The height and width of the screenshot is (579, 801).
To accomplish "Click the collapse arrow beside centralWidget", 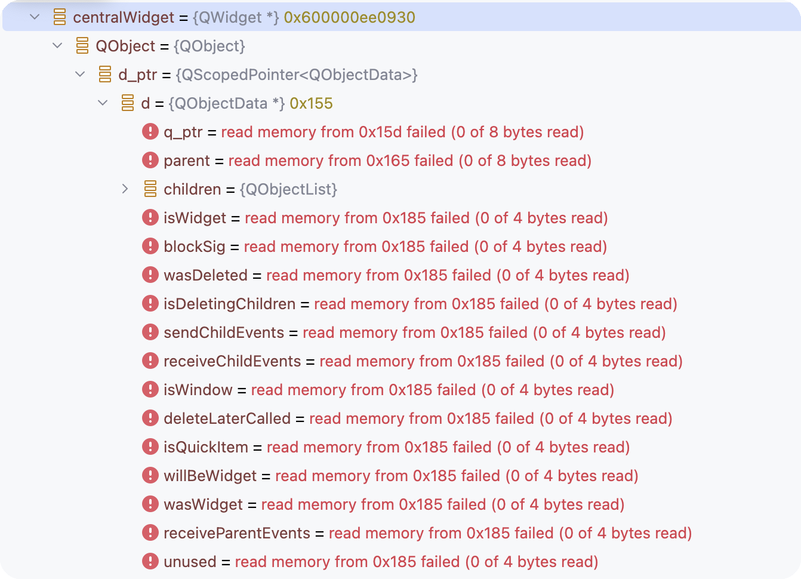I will pyautogui.click(x=35, y=17).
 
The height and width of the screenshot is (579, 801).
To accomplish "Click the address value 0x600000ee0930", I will pyautogui.click(x=349, y=17).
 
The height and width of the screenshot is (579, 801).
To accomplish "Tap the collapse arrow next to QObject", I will pyautogui.click(x=57, y=46).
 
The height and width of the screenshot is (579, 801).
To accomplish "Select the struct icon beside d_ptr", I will pyautogui.click(x=105, y=75).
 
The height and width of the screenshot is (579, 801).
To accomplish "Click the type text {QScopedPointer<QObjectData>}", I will pyautogui.click(x=297, y=75).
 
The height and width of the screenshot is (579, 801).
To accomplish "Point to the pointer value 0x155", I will pyautogui.click(x=311, y=103).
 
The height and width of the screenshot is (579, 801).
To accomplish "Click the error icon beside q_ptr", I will pyautogui.click(x=150, y=131).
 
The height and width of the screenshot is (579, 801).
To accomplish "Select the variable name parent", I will pyautogui.click(x=187, y=161).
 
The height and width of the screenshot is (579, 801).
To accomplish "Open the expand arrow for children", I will pyautogui.click(x=125, y=189).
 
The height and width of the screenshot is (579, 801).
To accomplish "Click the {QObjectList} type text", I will pyautogui.click(x=288, y=189).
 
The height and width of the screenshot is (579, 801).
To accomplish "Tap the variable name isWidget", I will pyautogui.click(x=195, y=218).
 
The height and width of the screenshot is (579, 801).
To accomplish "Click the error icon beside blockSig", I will pyautogui.click(x=150, y=246).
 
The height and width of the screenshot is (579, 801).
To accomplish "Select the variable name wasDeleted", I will pyautogui.click(x=205, y=275).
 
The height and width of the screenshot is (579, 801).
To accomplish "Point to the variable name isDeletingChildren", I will pyautogui.click(x=229, y=304).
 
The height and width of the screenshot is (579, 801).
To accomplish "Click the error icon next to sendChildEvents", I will pyautogui.click(x=150, y=332).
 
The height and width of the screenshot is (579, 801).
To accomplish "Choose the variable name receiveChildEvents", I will pyautogui.click(x=232, y=361).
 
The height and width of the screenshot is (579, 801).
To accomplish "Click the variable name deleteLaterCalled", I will pyautogui.click(x=227, y=418).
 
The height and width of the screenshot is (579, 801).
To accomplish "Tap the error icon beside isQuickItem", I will pyautogui.click(x=150, y=446).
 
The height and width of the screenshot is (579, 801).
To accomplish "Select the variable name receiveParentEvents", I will pyautogui.click(x=237, y=533).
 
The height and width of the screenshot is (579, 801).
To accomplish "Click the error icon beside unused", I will pyautogui.click(x=150, y=561).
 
